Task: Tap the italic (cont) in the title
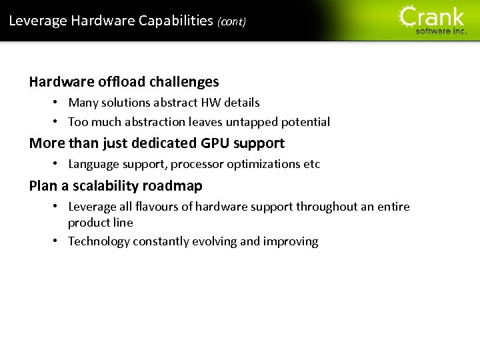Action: (231, 22)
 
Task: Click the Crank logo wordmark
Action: (431, 16)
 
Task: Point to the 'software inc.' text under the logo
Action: (441, 31)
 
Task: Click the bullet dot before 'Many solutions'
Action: (58, 103)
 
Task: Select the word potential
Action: (305, 122)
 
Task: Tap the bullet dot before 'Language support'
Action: (58, 164)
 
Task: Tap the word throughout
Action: (327, 207)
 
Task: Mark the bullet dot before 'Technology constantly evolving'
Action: (58, 241)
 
